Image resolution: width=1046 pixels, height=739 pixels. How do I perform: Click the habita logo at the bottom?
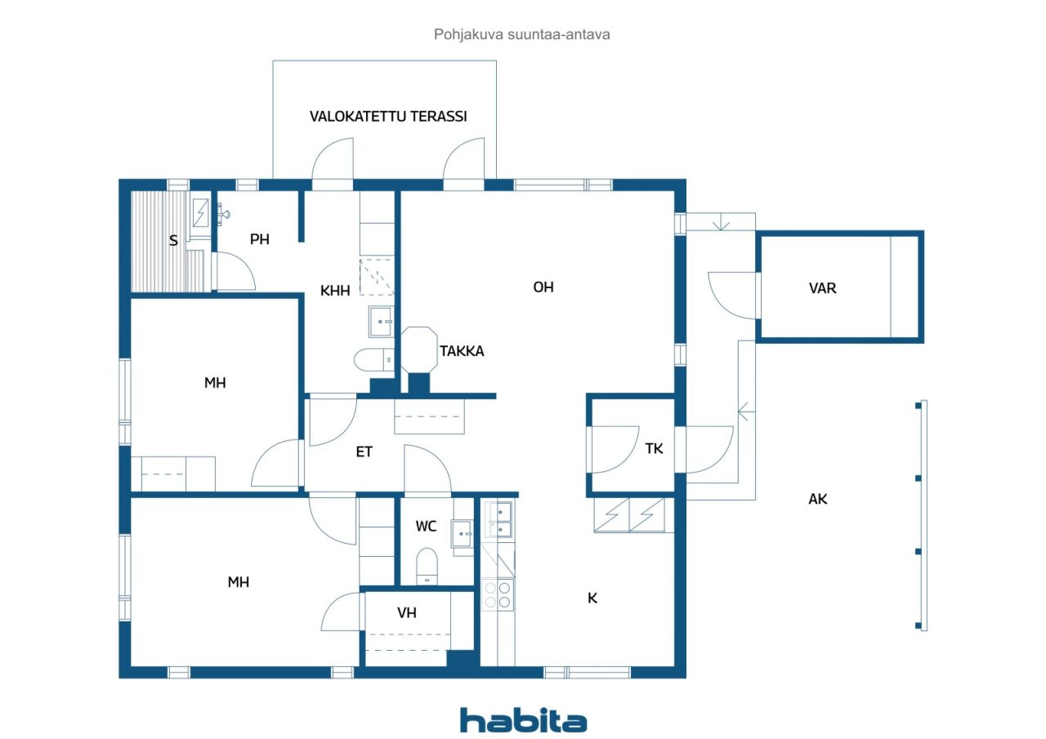click(x=523, y=721)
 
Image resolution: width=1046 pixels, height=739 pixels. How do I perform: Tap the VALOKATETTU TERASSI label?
click(x=388, y=116)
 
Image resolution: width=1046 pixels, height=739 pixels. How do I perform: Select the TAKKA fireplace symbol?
click(x=419, y=350)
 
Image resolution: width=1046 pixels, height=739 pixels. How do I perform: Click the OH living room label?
click(x=543, y=287)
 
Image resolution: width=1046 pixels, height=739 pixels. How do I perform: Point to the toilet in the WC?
click(x=427, y=566)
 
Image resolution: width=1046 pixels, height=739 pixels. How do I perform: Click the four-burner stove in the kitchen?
click(x=498, y=594)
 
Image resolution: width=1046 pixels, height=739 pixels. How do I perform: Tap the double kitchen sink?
click(x=499, y=519)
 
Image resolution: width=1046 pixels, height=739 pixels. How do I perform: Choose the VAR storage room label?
click(x=822, y=288)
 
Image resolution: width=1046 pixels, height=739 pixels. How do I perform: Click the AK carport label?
click(x=818, y=499)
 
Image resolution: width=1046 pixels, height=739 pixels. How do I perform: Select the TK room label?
click(x=654, y=449)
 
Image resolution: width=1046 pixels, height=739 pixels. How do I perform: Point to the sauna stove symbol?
click(x=201, y=213)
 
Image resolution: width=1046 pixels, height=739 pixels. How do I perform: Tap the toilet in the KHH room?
click(x=374, y=360)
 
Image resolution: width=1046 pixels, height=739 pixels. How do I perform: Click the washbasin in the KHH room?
click(x=381, y=322)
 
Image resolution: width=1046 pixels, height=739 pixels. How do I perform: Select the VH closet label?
click(x=407, y=612)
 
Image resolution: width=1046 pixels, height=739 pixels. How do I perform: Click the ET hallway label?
click(x=364, y=452)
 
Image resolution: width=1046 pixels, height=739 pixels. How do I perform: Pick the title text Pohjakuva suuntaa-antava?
click(x=521, y=34)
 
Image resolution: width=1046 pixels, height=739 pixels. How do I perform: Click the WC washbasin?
click(x=463, y=533)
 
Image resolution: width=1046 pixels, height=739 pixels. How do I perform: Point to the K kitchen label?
click(x=592, y=598)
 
